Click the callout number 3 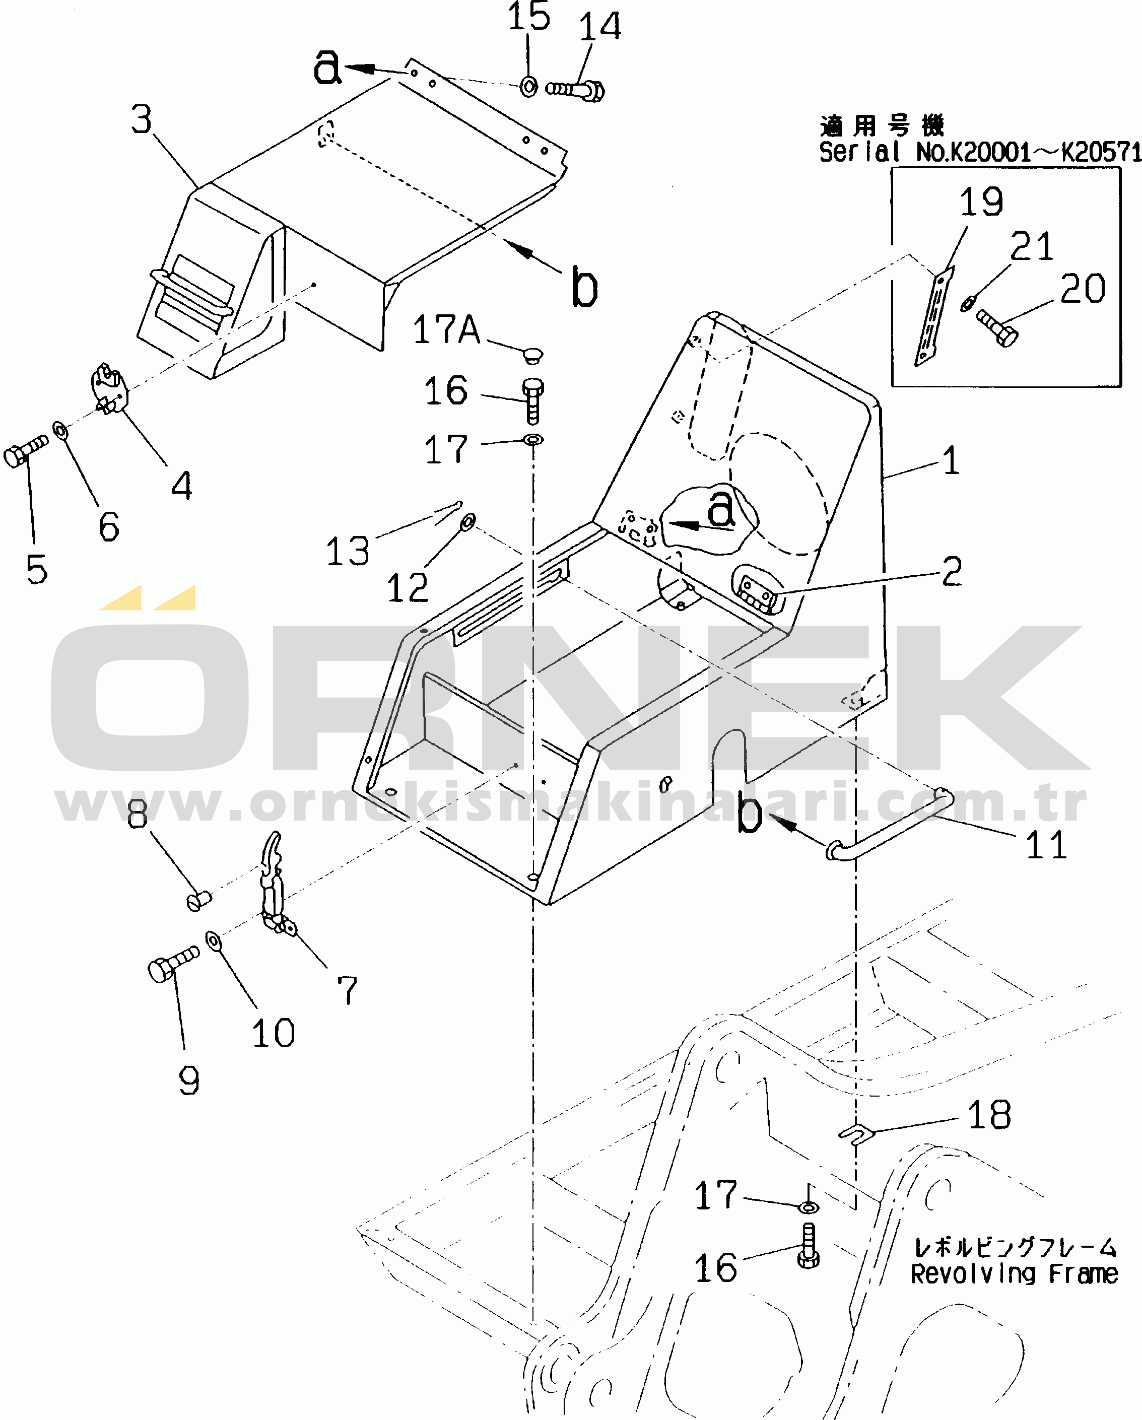pos(142,120)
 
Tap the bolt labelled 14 pos(575,89)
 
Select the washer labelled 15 pos(529,86)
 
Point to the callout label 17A pos(446,329)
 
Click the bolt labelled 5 pos(25,451)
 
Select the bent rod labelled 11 pos(889,827)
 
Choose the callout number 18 pos(988,1115)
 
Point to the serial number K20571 pos(1101,152)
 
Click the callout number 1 pos(951,460)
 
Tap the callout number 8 pos(137,815)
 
